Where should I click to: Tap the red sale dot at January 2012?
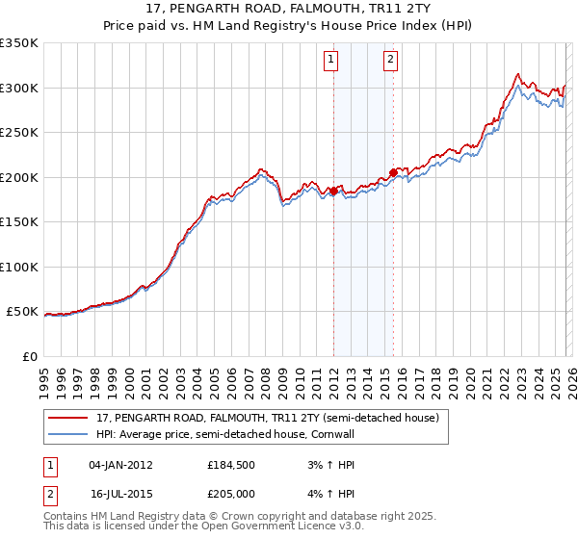point(333,191)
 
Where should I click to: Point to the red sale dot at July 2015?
point(393,172)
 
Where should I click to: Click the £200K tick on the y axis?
point(19,177)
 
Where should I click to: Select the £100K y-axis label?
point(19,267)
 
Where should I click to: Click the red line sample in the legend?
point(69,418)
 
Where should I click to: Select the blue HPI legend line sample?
point(69,434)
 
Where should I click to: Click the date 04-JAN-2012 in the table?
point(120,465)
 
